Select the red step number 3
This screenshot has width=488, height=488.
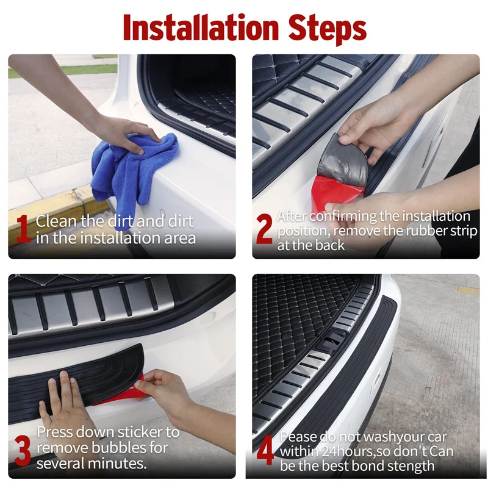click(x=23, y=450)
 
